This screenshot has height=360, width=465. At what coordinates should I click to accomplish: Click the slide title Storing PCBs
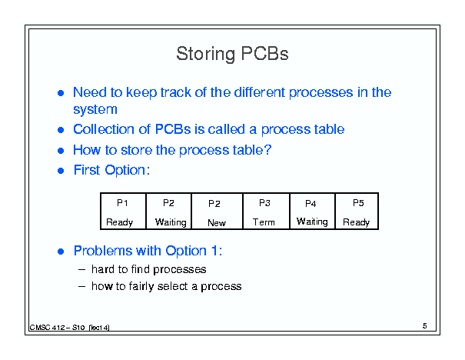(232, 54)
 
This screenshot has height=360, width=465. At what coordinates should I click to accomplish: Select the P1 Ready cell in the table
(124, 212)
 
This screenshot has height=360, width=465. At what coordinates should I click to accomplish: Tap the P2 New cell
(217, 212)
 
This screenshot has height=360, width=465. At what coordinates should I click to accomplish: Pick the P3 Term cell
(266, 212)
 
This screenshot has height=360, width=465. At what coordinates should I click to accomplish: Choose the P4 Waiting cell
(312, 212)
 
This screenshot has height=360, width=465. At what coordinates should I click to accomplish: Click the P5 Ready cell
(357, 212)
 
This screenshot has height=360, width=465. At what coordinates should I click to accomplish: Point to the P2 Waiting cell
(169, 212)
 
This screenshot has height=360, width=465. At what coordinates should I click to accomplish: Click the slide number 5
(425, 326)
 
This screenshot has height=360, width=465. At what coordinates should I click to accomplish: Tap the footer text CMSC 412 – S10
(57, 328)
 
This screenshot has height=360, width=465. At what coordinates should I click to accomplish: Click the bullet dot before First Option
(61, 171)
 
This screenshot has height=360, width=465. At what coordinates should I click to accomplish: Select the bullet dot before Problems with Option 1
(61, 252)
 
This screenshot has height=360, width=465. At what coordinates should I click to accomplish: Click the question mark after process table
(267, 149)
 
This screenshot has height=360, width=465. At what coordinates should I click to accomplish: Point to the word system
(95, 110)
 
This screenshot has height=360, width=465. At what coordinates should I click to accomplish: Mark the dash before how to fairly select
(81, 286)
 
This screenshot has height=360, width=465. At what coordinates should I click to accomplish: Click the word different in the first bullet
(260, 92)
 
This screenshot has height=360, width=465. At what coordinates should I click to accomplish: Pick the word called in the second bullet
(227, 129)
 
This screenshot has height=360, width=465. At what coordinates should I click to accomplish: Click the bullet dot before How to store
(61, 151)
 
